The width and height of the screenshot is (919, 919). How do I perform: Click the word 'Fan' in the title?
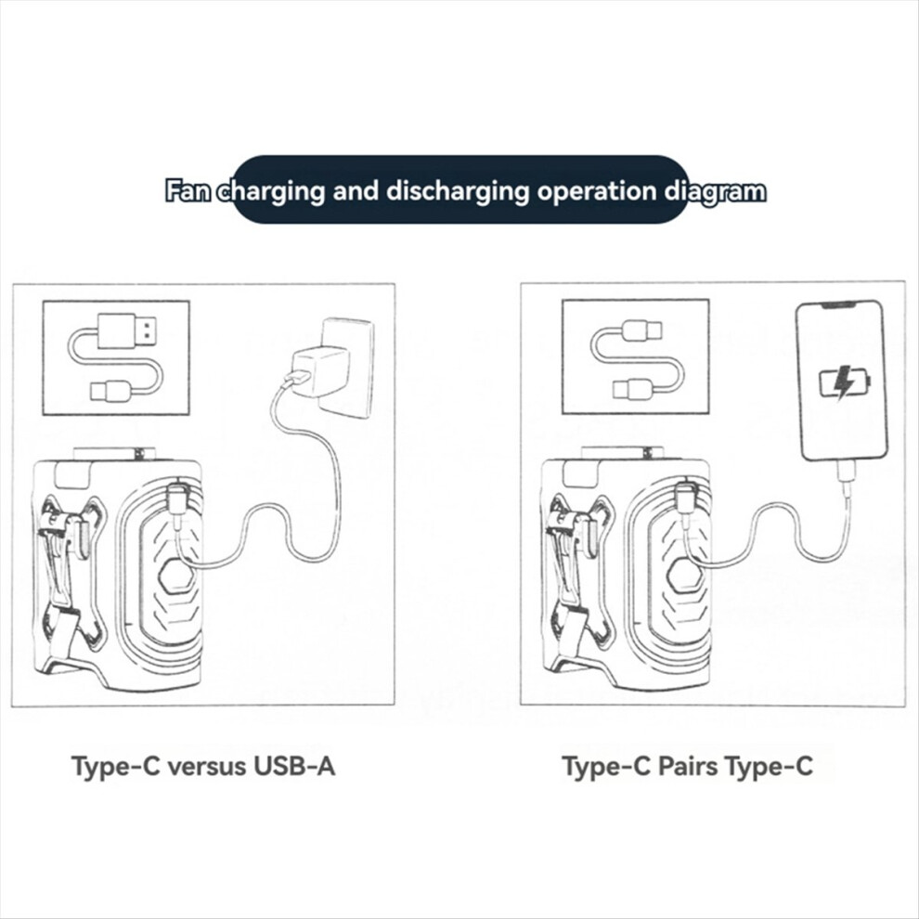click(188, 191)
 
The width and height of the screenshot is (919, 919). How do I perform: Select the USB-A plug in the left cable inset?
click(127, 330)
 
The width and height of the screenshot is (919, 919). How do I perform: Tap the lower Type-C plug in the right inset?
click(633, 390)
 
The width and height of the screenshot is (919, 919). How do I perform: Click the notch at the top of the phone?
click(841, 305)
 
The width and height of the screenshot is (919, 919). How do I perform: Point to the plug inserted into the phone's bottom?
click(845, 471)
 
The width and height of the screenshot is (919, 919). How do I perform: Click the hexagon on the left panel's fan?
click(177, 578)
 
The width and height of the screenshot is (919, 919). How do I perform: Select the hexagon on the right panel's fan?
click(685, 578)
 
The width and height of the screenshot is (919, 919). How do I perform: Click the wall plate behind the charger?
click(345, 369)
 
